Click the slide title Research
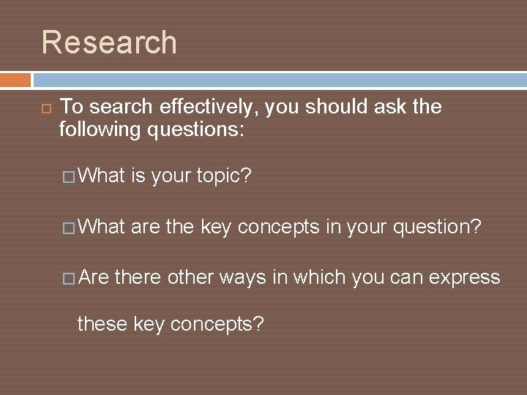tap(109, 42)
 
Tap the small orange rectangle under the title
tap(15, 80)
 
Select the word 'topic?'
tap(223, 176)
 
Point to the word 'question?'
tap(438, 227)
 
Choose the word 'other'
tap(190, 278)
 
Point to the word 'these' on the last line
tap(103, 324)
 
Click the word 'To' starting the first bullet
tap(70, 107)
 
